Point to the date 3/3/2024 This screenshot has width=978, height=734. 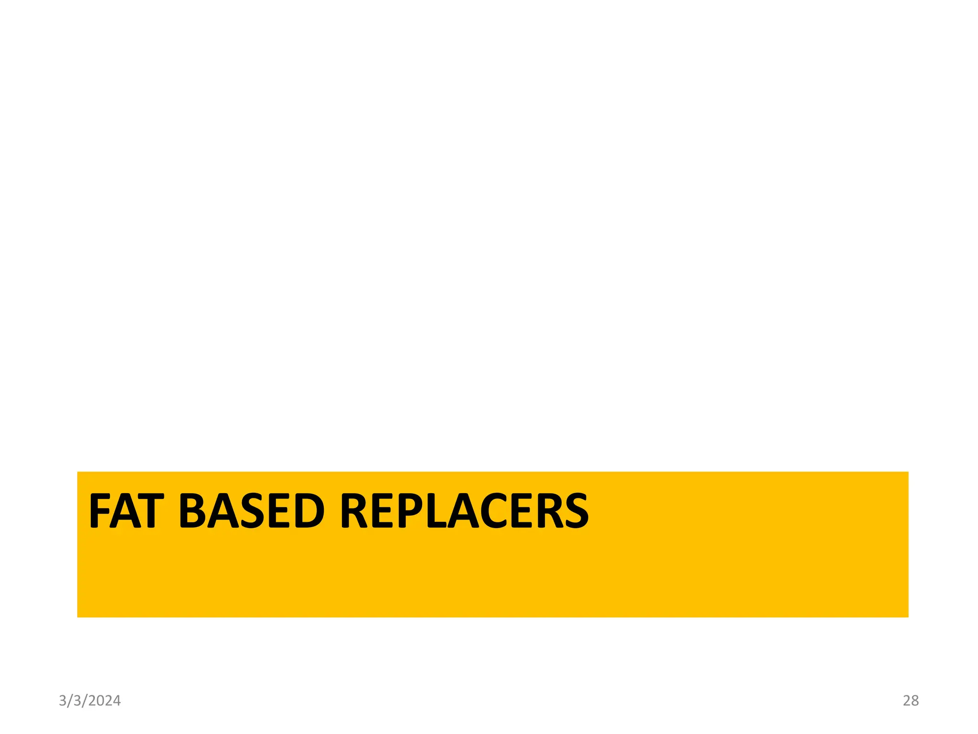coord(90,701)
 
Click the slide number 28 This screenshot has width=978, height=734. coord(911,701)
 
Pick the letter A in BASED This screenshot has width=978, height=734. coord(223,511)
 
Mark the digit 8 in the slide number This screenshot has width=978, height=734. coord(914,701)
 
